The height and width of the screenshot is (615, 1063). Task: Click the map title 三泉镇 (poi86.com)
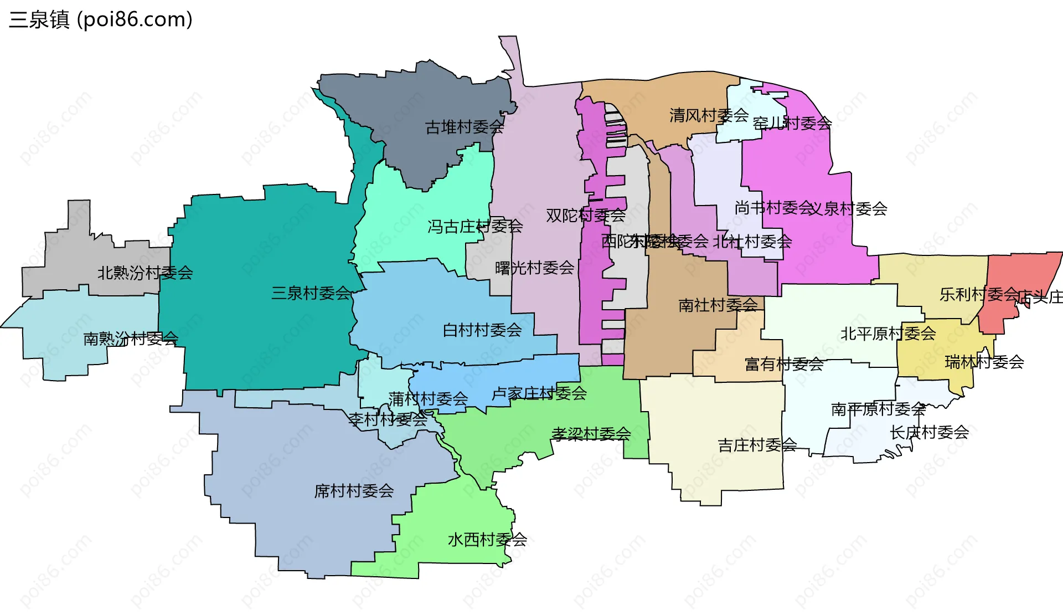pos(101,19)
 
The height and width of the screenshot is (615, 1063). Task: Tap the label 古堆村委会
pos(464,127)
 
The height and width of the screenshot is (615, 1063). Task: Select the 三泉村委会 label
pos(311,293)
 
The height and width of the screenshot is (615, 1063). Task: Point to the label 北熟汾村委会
pos(145,273)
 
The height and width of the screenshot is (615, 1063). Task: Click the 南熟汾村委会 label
pos(131,339)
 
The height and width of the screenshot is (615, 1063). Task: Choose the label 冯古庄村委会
pos(474,226)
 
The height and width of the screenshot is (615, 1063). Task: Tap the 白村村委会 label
pos(482,330)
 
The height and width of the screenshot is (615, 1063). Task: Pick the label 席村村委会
pos(354,491)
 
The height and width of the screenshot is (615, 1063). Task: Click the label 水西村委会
pos(487,539)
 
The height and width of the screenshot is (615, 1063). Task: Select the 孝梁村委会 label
pos(591,433)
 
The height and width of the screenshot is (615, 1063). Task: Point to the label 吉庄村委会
pos(757,445)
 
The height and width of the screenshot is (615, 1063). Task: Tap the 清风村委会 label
pos(709,115)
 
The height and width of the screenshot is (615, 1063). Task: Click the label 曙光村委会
pos(534,268)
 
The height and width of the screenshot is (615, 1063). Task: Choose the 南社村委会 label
pos(718,305)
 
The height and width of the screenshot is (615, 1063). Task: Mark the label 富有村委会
pos(784,364)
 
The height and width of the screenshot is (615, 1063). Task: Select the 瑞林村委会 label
pos(984,362)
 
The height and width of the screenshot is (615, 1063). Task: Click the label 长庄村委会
pos(929,432)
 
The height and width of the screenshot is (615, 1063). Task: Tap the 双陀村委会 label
pos(585,215)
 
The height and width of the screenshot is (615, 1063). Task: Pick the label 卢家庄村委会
pos(539,393)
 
